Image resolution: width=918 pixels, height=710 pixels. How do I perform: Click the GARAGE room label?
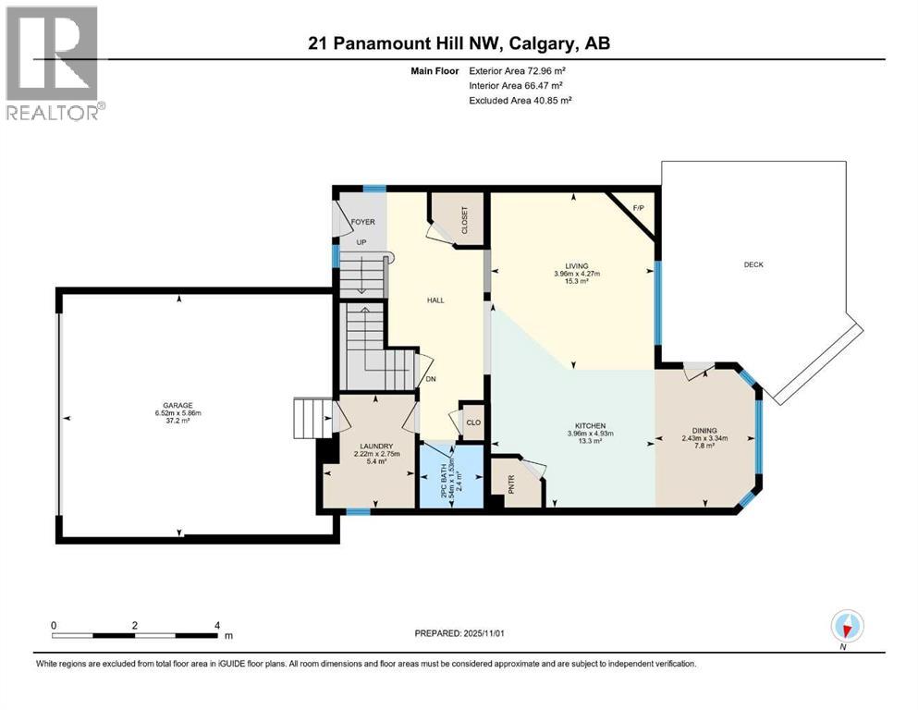(178, 405)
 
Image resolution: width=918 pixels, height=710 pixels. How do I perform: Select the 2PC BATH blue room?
(451, 475)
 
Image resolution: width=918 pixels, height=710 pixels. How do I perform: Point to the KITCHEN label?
(586, 424)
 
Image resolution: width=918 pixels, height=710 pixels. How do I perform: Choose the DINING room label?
(704, 430)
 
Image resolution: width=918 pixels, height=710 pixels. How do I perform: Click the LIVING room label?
(577, 266)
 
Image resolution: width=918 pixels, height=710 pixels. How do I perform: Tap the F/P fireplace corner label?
(638, 208)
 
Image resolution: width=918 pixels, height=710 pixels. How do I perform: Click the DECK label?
(753, 264)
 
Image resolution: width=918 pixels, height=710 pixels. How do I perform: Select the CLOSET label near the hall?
(464, 220)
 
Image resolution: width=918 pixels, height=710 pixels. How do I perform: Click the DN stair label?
(430, 378)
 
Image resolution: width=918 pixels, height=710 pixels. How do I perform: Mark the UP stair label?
(362, 242)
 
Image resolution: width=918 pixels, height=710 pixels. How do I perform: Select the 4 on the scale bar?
(216, 625)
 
